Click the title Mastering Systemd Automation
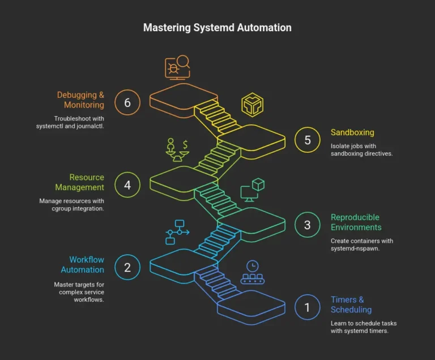(x=217, y=27)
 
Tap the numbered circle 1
(x=308, y=307)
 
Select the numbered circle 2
(x=127, y=267)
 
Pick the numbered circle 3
(x=308, y=225)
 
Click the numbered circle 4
(x=127, y=185)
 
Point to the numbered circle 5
(x=308, y=140)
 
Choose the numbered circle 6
(x=127, y=102)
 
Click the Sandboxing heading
(x=352, y=132)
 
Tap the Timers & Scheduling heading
(x=351, y=305)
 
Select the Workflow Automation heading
(x=83, y=265)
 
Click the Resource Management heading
(x=80, y=182)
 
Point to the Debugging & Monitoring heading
(x=80, y=100)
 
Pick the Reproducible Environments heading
(x=356, y=222)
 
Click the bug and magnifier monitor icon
(x=177, y=67)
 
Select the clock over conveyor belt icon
(x=252, y=272)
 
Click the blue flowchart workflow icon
(x=178, y=232)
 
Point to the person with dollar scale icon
(x=178, y=150)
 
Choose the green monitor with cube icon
(x=253, y=190)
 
